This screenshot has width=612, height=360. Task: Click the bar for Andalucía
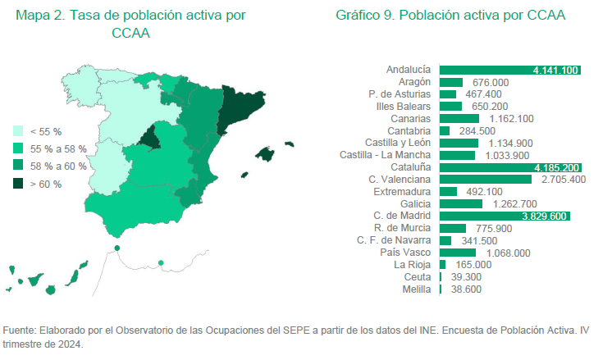click(x=509, y=71)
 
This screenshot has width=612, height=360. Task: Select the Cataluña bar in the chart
click(x=510, y=167)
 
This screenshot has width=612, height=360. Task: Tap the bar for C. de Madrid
click(x=505, y=216)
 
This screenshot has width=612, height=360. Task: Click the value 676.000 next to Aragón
click(x=491, y=83)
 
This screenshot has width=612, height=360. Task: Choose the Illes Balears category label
click(x=400, y=107)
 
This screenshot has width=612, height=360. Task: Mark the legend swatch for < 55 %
click(x=18, y=131)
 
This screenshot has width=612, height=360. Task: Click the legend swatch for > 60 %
click(x=18, y=184)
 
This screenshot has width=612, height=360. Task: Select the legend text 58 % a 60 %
click(x=57, y=166)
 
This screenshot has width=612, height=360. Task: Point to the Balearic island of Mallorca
click(x=265, y=154)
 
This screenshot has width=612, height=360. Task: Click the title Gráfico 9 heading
click(x=450, y=16)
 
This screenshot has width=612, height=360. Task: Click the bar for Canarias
click(x=459, y=119)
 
